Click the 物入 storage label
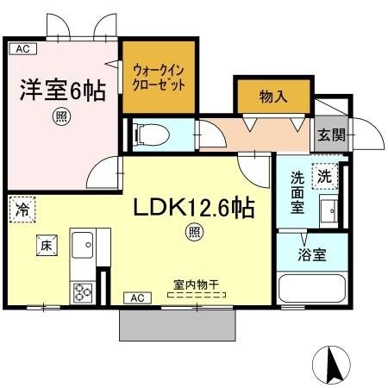[x=273, y=97]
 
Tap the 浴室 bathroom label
[x=312, y=254]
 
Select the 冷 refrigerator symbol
[x=21, y=208]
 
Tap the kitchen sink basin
[x=85, y=246]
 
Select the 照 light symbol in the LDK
[x=196, y=231]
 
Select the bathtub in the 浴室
[x=311, y=289]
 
